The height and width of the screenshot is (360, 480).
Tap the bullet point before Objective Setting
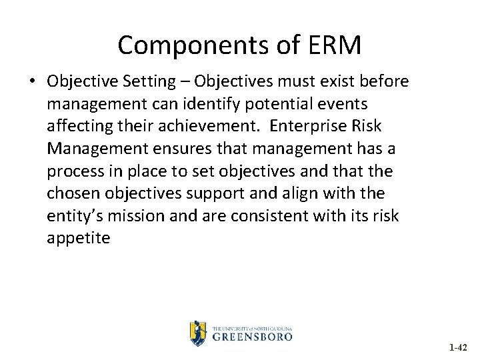coord(32,81)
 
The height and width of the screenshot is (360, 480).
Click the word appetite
coord(78,239)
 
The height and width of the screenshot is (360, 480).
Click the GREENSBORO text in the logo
coord(252,337)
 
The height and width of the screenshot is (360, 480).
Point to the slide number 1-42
coord(458,347)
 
